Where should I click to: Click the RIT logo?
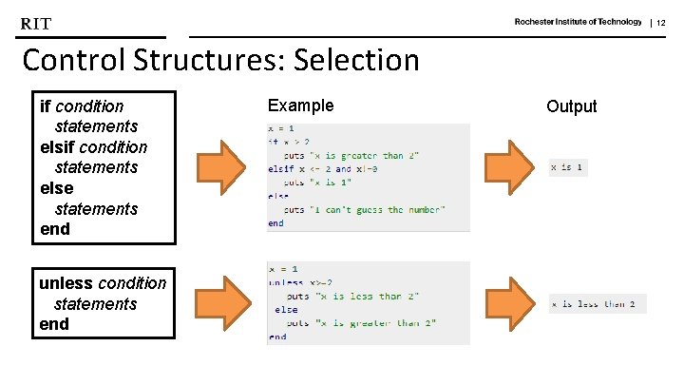36,23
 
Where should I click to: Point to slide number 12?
661,23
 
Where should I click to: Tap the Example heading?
300,106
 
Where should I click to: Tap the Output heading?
571,106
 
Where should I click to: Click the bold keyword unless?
66,283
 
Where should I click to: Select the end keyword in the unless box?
54,324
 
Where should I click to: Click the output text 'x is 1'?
567,168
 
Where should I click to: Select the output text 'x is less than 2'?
598,304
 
